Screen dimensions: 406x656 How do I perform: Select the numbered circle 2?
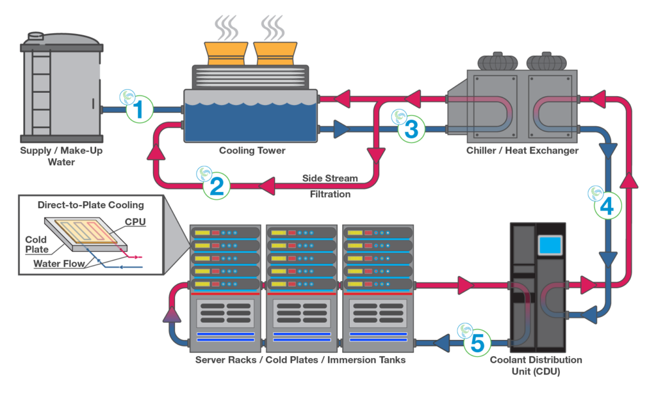coord(216,186)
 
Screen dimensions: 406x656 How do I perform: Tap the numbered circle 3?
coord(411,129)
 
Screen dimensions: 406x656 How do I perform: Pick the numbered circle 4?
coord(607,205)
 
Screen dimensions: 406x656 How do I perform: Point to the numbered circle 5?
coord(477,343)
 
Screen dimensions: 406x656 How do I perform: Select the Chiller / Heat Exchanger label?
coord(523,152)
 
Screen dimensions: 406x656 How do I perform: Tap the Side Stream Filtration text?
coord(329,186)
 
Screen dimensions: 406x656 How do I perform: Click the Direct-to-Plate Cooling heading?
coord(90,206)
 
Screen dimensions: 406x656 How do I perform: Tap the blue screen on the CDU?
coord(550,244)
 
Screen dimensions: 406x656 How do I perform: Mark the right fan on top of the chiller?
coord(546,61)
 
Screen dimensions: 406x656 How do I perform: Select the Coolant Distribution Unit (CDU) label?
coord(536,366)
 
